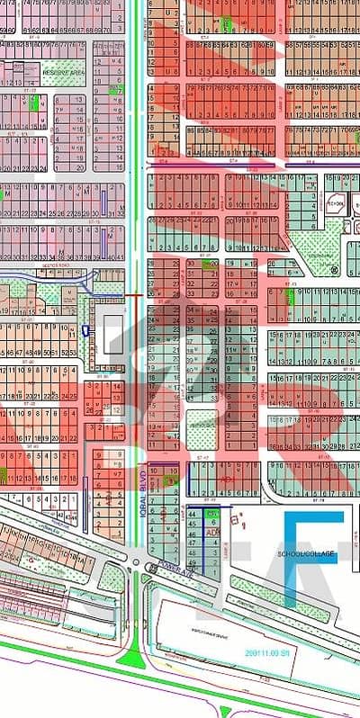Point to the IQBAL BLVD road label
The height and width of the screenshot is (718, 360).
point(143,485)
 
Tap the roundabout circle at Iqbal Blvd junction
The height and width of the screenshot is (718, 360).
point(137,564)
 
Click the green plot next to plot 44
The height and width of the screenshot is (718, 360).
point(213,514)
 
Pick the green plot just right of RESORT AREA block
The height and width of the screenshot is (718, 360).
point(114,89)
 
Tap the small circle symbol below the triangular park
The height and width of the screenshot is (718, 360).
point(333,269)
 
